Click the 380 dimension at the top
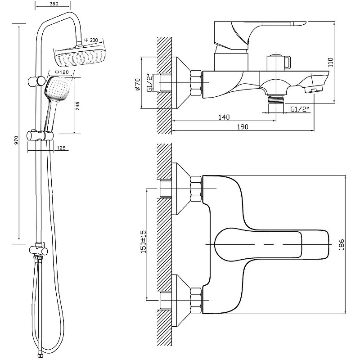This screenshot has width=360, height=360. pyautogui.click(x=54, y=4)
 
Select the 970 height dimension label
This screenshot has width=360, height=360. pyautogui.click(x=16, y=140)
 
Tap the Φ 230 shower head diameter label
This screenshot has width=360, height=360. pyautogui.click(x=91, y=40)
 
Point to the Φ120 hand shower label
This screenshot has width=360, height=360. pyautogui.click(x=60, y=72)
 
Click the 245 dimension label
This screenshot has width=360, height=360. pyautogui.click(x=77, y=106)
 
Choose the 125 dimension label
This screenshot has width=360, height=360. pyautogui.click(x=61, y=148)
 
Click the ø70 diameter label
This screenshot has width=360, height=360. pyautogui.click(x=138, y=84)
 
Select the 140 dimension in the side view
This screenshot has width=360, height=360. pyautogui.click(x=224, y=117)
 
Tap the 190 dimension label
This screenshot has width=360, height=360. pyautogui.click(x=243, y=127)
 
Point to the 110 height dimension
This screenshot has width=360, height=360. pyautogui.click(x=330, y=62)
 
